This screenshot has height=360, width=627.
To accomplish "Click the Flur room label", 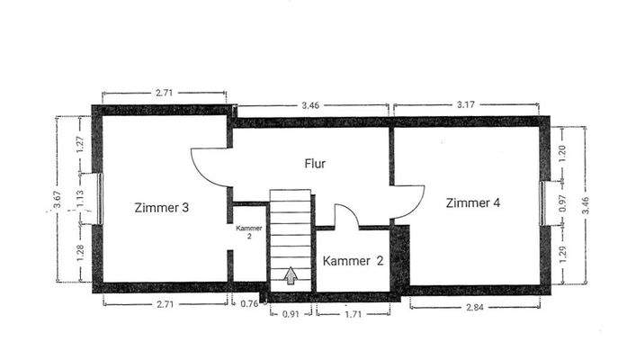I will (x=314, y=164).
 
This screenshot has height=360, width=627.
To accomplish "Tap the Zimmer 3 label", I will (x=161, y=208).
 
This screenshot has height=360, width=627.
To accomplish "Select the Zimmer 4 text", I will (x=472, y=202).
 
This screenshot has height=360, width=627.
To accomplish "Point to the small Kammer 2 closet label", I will (x=249, y=232).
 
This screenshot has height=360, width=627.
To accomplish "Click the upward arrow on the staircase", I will (x=291, y=275).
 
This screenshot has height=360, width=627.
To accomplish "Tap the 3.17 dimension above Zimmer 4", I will (x=465, y=105).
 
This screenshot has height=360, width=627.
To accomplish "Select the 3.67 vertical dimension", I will (x=58, y=200).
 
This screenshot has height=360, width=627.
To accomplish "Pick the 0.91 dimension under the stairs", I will (x=290, y=313).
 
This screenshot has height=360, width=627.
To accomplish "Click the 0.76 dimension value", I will (x=249, y=304).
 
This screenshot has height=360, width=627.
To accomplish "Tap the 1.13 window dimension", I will (x=80, y=199).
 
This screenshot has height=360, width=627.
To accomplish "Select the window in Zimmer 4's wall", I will (x=542, y=202).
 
